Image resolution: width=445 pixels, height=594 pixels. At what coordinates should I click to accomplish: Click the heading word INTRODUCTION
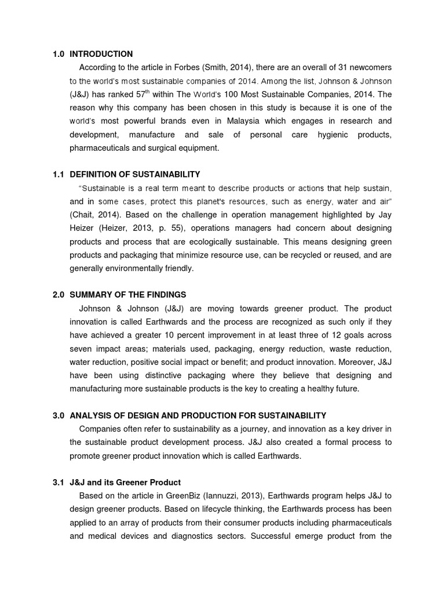pos(101,54)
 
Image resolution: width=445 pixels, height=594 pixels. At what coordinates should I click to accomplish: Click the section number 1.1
pos(57,174)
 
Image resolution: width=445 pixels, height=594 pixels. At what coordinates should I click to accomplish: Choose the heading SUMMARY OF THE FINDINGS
pos(128,295)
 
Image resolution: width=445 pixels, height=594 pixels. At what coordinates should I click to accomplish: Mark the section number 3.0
pos(57,415)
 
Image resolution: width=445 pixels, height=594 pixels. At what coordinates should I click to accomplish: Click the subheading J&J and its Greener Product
pos(125,482)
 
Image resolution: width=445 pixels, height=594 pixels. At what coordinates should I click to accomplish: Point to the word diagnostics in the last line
pos(190,536)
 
